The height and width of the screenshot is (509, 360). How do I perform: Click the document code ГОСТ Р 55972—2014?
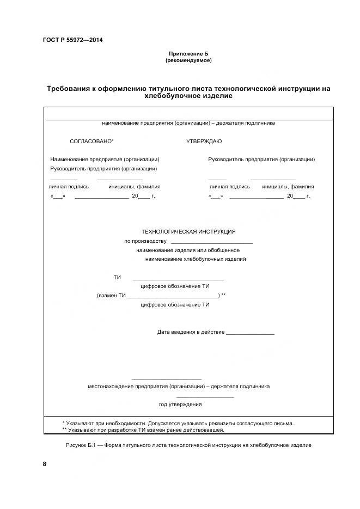point(72,40)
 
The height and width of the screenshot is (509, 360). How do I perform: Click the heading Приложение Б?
point(188,54)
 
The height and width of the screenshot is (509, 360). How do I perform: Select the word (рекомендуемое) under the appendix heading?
point(188,60)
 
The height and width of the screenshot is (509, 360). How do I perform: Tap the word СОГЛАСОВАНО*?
point(92,142)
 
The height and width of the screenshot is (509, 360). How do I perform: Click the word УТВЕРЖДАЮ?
point(204,142)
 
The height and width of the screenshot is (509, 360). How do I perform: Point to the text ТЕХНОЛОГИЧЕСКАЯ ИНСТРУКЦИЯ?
point(188,231)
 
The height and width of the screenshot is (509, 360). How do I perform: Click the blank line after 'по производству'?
point(211,241)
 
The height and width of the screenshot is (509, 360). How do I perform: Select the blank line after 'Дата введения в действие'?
point(250,332)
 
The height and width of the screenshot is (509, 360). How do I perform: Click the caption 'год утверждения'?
point(180,404)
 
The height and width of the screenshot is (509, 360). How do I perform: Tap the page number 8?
point(45,464)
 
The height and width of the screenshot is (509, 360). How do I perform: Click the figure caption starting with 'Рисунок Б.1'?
point(188,445)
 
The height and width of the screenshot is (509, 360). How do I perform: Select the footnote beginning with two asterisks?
point(143,430)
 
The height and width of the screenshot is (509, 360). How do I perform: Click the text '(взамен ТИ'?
point(111,296)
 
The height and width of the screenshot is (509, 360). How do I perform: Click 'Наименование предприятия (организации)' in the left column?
point(105,160)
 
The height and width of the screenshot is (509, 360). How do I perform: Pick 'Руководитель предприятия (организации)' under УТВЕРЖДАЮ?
point(261,160)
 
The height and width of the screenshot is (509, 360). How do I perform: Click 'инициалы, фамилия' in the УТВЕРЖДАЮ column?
point(288,187)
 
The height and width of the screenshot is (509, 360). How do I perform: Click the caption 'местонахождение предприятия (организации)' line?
point(179,387)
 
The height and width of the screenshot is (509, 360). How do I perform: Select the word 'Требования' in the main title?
point(71,88)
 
